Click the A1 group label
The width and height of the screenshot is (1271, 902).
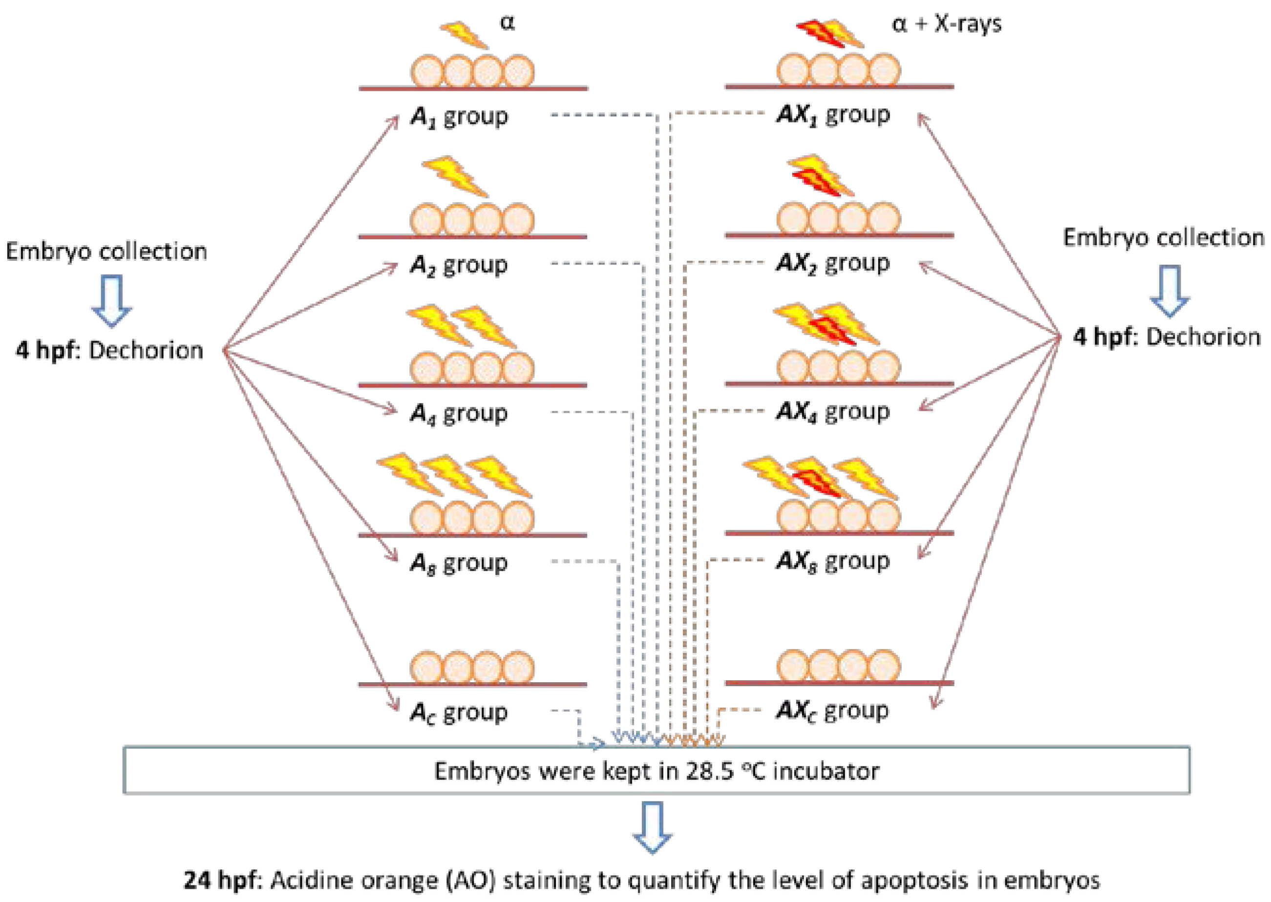tap(459, 117)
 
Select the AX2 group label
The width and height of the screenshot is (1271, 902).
tap(832, 263)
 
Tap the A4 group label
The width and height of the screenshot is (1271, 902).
tap(459, 413)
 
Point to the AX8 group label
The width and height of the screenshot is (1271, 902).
tap(832, 562)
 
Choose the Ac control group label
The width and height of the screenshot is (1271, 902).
tap(459, 712)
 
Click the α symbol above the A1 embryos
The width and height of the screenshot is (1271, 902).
tap(507, 23)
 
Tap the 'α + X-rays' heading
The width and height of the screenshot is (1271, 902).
tap(947, 24)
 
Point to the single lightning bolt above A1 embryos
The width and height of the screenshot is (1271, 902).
tap(465, 35)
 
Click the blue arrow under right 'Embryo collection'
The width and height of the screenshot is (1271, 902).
tap(1169, 291)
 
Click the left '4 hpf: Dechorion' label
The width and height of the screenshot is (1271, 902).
tap(109, 351)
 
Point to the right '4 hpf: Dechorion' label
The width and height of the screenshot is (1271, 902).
tap(1166, 337)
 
